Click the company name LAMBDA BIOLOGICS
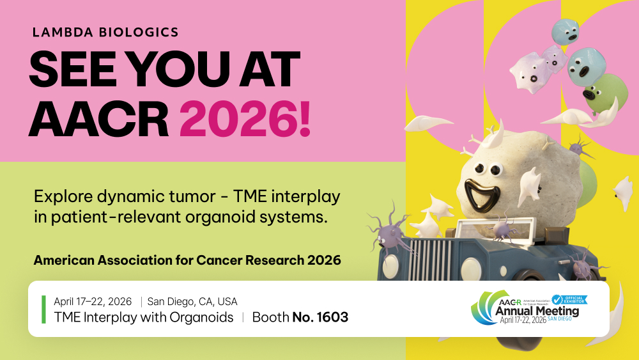(106, 31)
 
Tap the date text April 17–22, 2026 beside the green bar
(93, 301)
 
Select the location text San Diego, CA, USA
(192, 301)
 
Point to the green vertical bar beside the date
(43, 309)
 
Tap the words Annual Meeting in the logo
(537, 311)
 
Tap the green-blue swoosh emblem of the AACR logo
(484, 308)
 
